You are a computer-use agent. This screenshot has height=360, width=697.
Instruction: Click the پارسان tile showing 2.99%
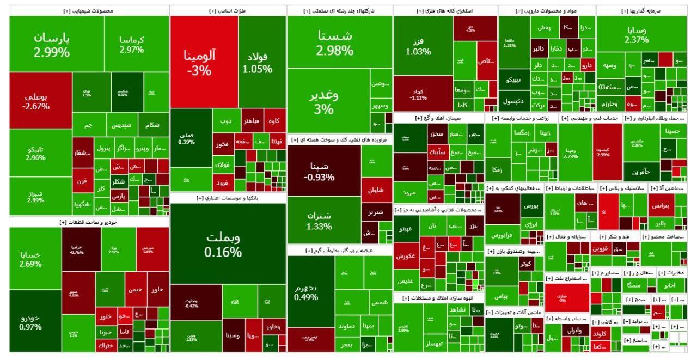52,44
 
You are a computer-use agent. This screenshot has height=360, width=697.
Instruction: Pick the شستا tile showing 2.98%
334,42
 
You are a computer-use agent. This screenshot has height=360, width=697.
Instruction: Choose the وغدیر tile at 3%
323,101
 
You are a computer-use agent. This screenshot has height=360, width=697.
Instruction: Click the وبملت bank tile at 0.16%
223,244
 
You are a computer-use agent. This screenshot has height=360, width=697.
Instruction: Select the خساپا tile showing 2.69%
30,258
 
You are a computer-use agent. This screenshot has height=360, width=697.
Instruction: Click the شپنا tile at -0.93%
319,170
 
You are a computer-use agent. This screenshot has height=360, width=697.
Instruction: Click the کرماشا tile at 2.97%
131,45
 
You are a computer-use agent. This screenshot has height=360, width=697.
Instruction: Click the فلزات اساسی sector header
227,10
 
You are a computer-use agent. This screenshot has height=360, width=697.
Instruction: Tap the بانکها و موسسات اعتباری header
227,198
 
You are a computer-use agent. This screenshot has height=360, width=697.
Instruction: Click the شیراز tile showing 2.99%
36,196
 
